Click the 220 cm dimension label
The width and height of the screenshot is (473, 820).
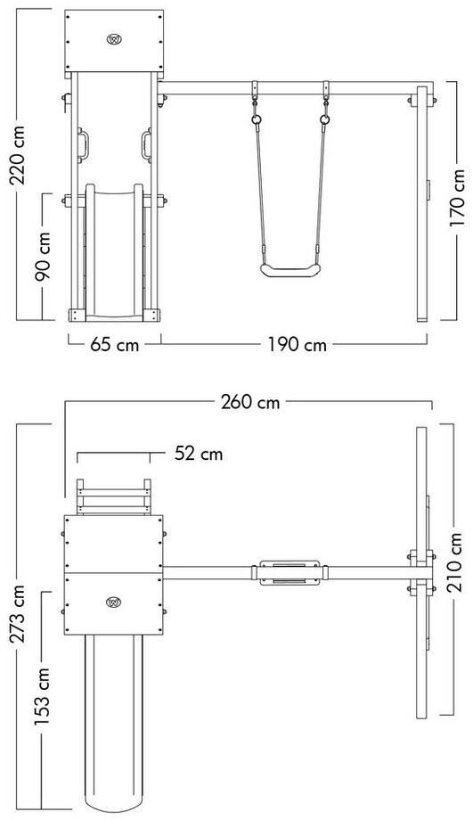click(x=19, y=155)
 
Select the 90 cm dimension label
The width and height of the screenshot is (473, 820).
click(x=43, y=257)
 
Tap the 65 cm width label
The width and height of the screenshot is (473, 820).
click(x=114, y=345)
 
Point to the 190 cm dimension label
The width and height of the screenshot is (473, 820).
click(x=298, y=345)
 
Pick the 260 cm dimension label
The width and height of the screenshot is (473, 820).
click(x=250, y=402)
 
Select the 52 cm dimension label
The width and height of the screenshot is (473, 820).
click(x=199, y=454)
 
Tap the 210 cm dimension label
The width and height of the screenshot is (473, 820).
click(x=454, y=562)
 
